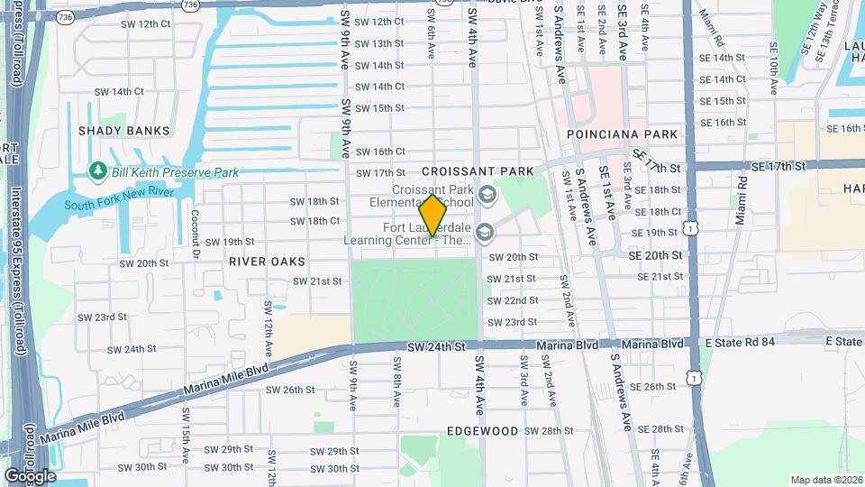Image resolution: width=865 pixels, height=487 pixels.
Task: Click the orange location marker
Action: click(432, 216)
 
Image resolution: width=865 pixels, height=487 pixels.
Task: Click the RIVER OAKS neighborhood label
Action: click(267, 262)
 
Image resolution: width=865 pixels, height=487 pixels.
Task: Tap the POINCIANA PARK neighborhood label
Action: click(622, 133)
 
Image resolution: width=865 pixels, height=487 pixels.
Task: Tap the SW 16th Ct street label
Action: click(380, 152)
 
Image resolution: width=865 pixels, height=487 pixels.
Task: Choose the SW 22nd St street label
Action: click(514, 300)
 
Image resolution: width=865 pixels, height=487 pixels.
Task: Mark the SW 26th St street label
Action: click(290, 391)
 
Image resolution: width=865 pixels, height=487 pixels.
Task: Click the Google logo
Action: click(30, 476)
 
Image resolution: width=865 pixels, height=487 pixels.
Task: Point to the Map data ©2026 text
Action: click(825, 480)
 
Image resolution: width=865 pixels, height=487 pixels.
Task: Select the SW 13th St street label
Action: click(379, 43)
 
